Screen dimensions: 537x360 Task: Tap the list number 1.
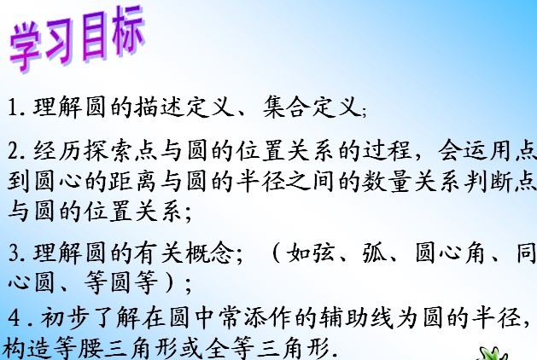13,107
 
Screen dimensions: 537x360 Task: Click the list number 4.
15,318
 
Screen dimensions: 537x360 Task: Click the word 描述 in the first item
158,107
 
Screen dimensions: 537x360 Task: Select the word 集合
286,107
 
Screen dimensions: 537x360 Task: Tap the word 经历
57,151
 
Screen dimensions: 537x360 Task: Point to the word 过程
387,151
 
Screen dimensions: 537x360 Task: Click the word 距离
133,181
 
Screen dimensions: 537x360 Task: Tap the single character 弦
324,253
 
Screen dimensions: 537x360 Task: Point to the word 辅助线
356,318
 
